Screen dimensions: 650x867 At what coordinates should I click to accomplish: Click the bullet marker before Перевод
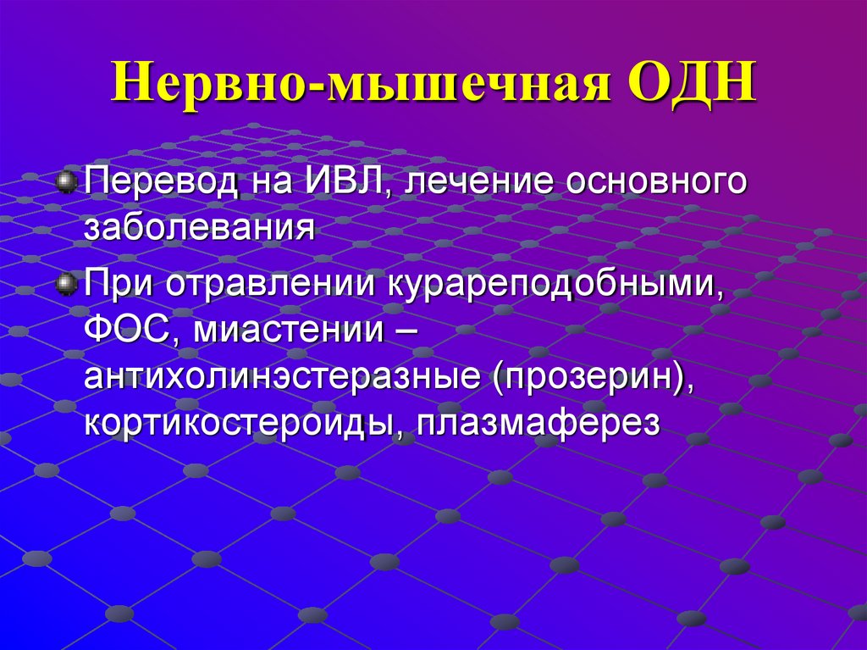66,182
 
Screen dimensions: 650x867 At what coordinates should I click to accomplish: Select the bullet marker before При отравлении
66,285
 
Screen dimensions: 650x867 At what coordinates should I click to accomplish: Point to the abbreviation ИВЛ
339,184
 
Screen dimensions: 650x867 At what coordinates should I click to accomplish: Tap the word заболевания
199,228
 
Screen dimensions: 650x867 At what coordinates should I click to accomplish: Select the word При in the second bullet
119,285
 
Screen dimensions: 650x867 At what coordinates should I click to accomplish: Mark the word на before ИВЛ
267,184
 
